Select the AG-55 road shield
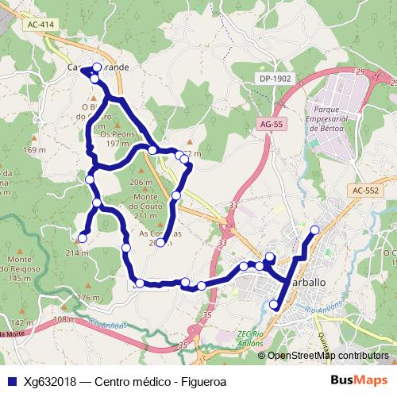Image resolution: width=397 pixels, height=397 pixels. tap(272, 125)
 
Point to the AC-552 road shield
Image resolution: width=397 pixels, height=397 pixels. tap(366, 191)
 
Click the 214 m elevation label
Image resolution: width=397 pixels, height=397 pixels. tap(77, 252)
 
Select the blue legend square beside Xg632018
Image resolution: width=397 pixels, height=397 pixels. tap(10, 380)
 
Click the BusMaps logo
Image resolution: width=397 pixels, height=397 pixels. tap(360, 380)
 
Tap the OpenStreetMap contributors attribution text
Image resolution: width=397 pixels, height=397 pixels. tap(326, 356)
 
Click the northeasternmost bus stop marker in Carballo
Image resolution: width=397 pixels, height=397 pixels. tap(314, 230)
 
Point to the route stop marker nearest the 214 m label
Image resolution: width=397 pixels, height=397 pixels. tap(82, 236)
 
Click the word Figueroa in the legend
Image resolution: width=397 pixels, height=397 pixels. tap(199, 380)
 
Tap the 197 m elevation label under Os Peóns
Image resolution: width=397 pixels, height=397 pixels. tap(117, 144)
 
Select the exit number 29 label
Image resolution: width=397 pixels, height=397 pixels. tap(361, 72)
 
